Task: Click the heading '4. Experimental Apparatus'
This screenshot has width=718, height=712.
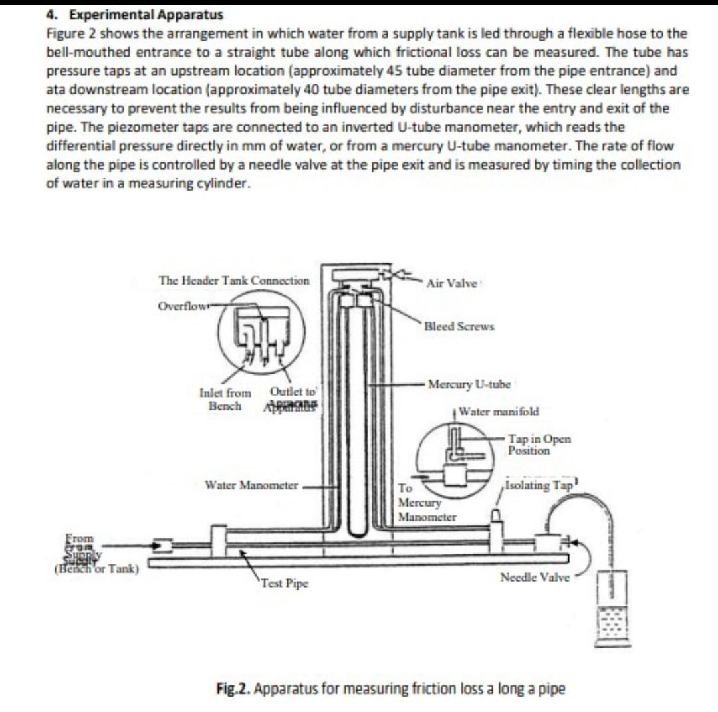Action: pyautogui.click(x=135, y=15)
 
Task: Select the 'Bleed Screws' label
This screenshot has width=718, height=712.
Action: pyautogui.click(x=459, y=326)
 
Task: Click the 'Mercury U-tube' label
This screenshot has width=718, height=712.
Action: pyautogui.click(x=469, y=384)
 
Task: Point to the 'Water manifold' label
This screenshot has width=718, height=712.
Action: pyautogui.click(x=499, y=411)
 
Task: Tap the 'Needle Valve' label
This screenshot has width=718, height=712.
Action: pyautogui.click(x=535, y=577)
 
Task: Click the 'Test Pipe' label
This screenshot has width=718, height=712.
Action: pyautogui.click(x=285, y=584)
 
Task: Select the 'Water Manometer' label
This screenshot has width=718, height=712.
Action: pyautogui.click(x=251, y=485)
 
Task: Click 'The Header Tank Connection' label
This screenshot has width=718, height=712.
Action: pyautogui.click(x=234, y=281)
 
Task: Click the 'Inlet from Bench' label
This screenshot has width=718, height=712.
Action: pyautogui.click(x=225, y=399)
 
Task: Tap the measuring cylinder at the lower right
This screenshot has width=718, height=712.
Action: pyautogui.click(x=612, y=608)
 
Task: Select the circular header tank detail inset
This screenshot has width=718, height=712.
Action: pyautogui.click(x=262, y=336)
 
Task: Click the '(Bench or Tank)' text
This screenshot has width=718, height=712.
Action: pyautogui.click(x=95, y=568)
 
